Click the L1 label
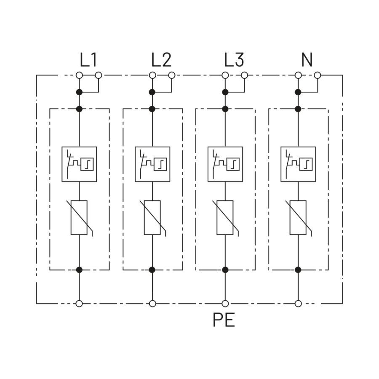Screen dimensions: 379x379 pyautogui.click(x=88, y=60)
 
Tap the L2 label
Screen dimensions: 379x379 pyautogui.click(x=161, y=60)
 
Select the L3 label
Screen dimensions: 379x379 pyautogui.click(x=234, y=60)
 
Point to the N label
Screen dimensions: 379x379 pyautogui.click(x=307, y=60)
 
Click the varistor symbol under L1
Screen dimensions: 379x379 pyautogui.click(x=79, y=218)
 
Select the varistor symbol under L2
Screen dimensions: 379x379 pyautogui.click(x=152, y=218)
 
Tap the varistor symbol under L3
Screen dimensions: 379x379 pyautogui.click(x=225, y=218)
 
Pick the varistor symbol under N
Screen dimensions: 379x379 pyautogui.click(x=298, y=218)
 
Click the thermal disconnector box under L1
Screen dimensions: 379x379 pyautogui.click(x=79, y=164)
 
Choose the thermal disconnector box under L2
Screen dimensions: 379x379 pyautogui.click(x=152, y=164)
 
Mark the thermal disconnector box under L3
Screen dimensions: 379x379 pyautogui.click(x=225, y=164)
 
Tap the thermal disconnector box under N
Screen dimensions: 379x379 pyautogui.click(x=298, y=164)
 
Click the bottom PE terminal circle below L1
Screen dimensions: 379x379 pyautogui.click(x=79, y=304)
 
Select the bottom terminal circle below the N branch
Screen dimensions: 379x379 pyautogui.click(x=298, y=304)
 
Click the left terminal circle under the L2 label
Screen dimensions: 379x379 pyautogui.click(x=152, y=75)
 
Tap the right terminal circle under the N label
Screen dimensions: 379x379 pyautogui.click(x=318, y=75)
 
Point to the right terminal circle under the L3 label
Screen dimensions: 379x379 pyautogui.click(x=245, y=75)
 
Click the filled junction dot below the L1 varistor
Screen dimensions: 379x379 pyautogui.click(x=79, y=270)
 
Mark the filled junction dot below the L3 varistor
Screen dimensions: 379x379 pyautogui.click(x=225, y=270)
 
